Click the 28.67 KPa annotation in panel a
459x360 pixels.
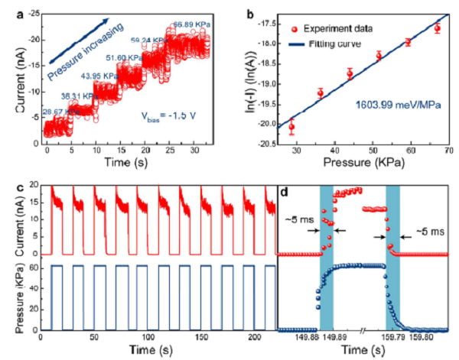click(x=60, y=112)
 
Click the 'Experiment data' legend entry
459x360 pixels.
click(x=342, y=28)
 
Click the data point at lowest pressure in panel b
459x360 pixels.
click(x=291, y=128)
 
